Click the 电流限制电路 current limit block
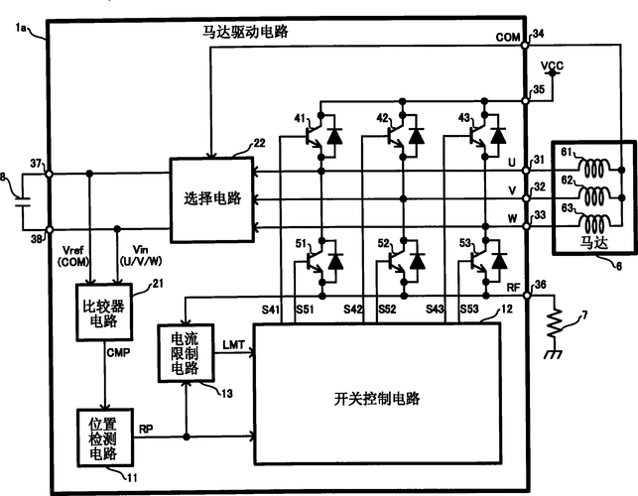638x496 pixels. (x=185, y=353)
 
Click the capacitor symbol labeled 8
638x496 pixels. (x=22, y=200)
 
